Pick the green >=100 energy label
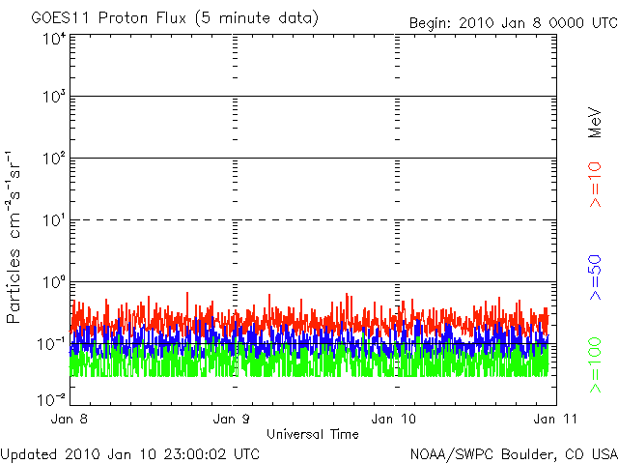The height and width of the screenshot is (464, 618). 596,366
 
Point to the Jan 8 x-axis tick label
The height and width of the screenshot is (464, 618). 71,420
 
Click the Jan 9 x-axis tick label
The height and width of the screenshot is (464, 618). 233,420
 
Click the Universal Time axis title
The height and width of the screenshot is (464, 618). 312,434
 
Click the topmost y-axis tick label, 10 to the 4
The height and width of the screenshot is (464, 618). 53,39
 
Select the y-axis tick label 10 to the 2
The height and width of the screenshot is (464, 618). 53,160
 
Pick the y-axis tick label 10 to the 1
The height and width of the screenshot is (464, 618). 53,222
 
